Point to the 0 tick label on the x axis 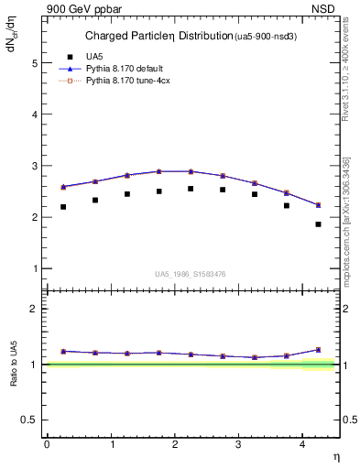[x=46, y=444]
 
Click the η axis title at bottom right [x=335, y=456]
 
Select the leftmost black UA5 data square [x=63, y=207]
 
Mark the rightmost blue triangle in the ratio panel [x=319, y=350]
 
